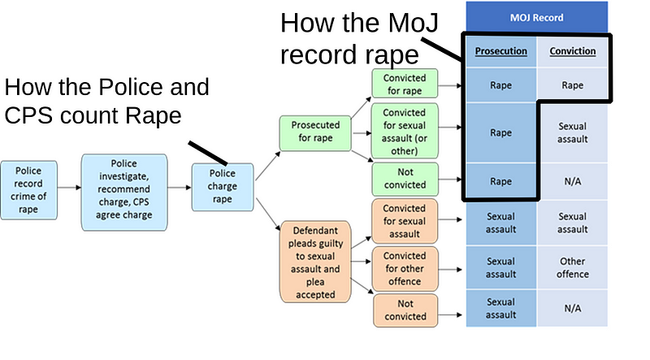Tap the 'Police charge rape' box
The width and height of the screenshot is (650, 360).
point(223,187)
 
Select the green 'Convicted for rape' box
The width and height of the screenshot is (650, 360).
point(405,84)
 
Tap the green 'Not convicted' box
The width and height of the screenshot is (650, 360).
point(405,179)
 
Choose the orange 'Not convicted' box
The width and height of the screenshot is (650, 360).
point(405,309)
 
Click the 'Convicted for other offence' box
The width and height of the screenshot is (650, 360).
point(405,268)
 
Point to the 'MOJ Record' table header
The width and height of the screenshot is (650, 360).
point(536,17)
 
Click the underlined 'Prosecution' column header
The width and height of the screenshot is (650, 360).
point(500,51)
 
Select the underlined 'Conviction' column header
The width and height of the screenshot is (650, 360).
point(573,51)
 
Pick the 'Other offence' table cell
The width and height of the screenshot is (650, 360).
point(573,268)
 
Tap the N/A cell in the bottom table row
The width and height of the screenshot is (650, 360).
point(573,309)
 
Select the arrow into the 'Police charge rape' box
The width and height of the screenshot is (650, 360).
point(180,187)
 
